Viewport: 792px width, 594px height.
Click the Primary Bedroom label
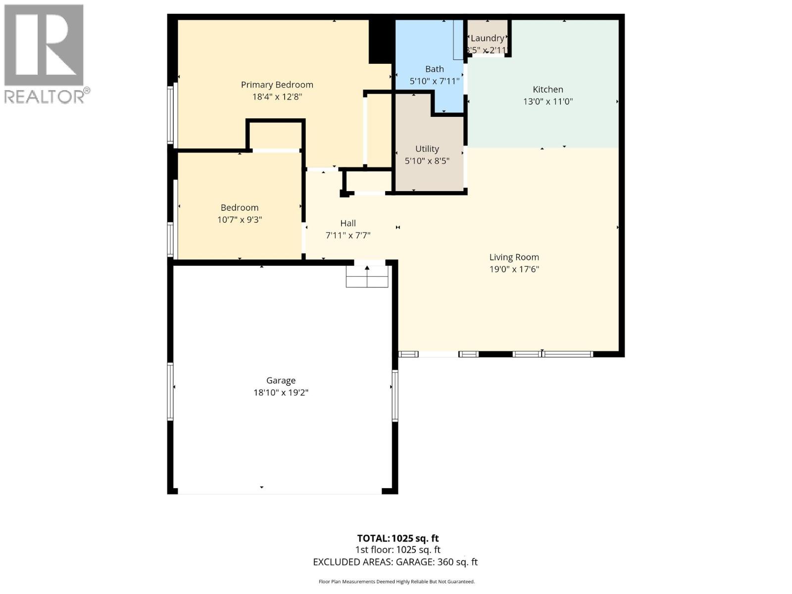277,85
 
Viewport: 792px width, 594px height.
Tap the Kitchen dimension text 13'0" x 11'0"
547,101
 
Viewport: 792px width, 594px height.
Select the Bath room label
434,69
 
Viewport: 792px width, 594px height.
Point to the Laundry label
487,38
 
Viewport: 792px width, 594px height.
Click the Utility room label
427,149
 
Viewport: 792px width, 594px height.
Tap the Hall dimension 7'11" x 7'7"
347,236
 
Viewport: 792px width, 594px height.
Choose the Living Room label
514,257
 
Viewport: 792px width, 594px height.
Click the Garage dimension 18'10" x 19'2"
281,393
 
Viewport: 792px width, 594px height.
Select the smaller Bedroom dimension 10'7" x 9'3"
239,220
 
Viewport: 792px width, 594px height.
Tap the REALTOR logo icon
44,45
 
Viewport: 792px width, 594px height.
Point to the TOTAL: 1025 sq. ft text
397,539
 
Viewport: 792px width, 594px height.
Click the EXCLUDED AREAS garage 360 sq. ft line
395,562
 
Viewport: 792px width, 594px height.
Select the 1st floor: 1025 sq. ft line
397,550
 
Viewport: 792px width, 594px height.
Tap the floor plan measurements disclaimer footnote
396,582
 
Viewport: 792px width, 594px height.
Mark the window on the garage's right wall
395,396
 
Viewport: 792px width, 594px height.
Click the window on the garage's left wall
170,392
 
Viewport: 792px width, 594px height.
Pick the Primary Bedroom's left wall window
171,115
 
